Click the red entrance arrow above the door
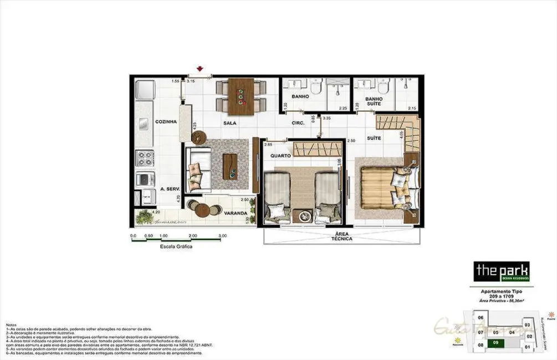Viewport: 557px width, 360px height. click(200, 69)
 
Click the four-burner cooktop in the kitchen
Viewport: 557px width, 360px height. click(145, 158)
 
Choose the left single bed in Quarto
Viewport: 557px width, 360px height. click(276, 198)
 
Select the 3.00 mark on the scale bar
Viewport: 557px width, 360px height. click(223, 236)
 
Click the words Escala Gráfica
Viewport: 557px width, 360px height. click(176, 246)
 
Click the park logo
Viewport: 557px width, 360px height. click(502, 271)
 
